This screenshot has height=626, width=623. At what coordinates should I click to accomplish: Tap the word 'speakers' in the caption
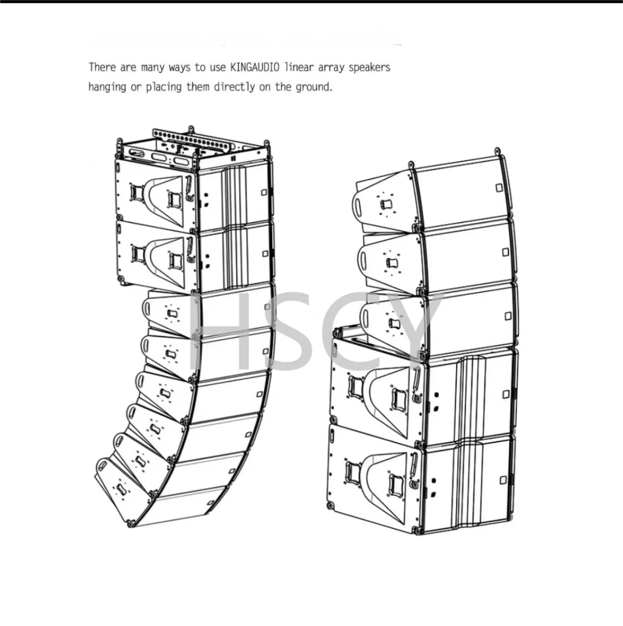coord(369,67)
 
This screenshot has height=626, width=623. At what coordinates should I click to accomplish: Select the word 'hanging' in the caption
coord(107,87)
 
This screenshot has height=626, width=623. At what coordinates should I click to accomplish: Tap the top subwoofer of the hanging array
coord(193,193)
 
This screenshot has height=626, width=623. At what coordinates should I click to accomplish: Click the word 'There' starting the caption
coord(103,67)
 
